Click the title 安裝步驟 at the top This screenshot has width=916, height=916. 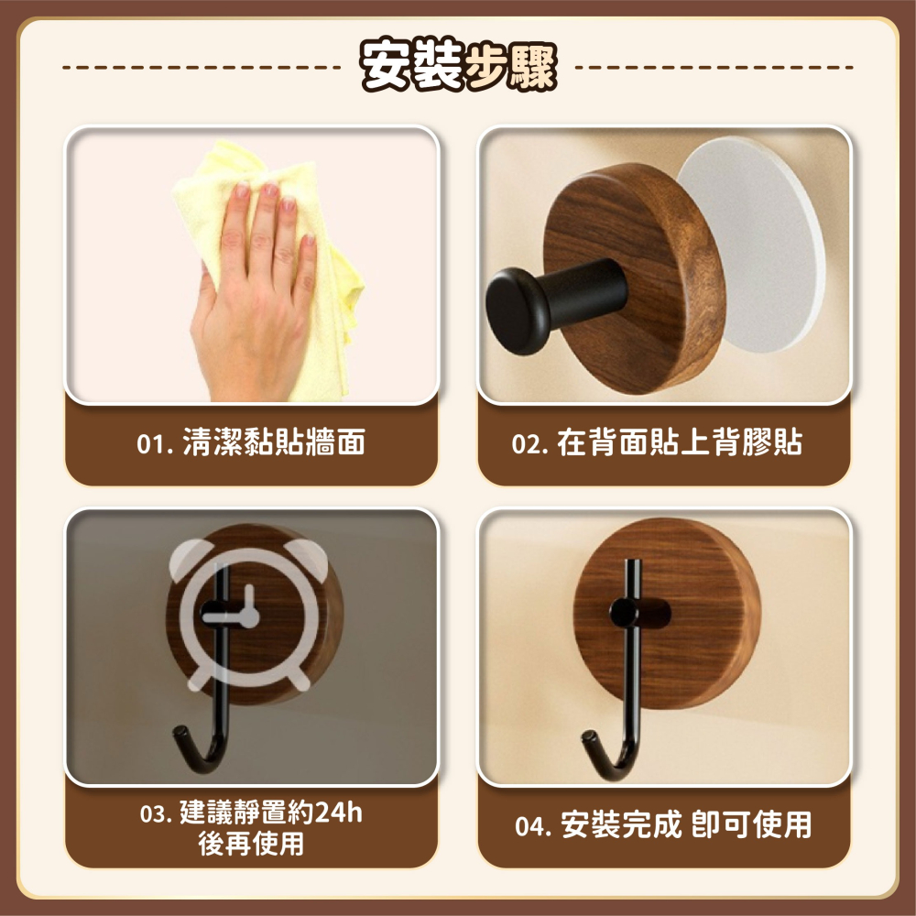[x=458, y=67]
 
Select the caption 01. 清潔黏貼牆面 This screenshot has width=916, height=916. [x=251, y=443]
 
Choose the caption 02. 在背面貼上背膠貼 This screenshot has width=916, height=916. [x=657, y=443]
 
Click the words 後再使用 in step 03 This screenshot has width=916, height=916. [x=251, y=844]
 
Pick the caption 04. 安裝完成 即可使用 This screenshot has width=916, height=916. [x=663, y=825]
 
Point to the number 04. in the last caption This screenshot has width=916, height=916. [x=533, y=827]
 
